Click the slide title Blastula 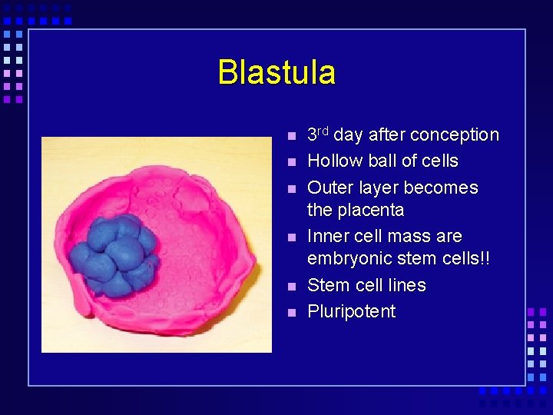(276, 72)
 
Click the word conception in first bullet (455, 135)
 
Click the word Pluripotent (351, 312)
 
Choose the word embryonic (345, 258)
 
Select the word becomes (440, 188)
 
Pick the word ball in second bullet (377, 161)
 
